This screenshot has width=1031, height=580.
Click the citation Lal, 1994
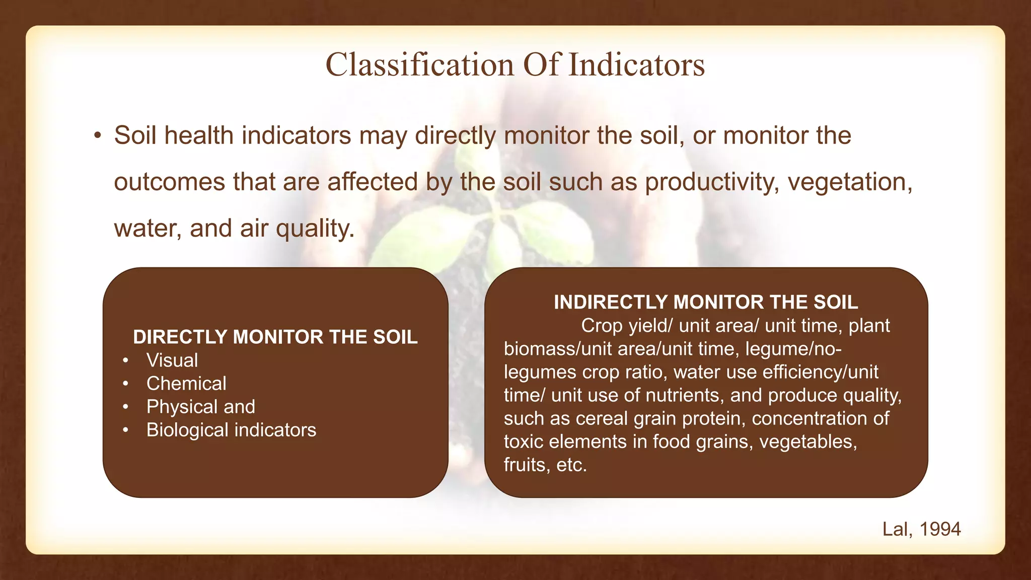coord(921,529)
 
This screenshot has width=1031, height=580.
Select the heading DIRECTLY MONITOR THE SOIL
coord(275,337)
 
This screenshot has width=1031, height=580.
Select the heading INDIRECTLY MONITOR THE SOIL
coord(706,302)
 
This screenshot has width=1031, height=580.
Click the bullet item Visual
coord(172,360)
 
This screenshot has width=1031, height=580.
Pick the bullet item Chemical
coord(186,384)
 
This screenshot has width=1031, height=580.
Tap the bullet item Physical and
coord(201,407)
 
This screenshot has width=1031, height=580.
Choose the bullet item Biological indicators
coord(231,430)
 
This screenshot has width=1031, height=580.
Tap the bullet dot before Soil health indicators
coord(98,136)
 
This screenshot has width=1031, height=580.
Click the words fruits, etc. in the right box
coord(545,465)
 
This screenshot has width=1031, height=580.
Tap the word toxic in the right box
coord(524,442)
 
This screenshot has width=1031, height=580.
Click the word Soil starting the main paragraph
coord(135,136)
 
